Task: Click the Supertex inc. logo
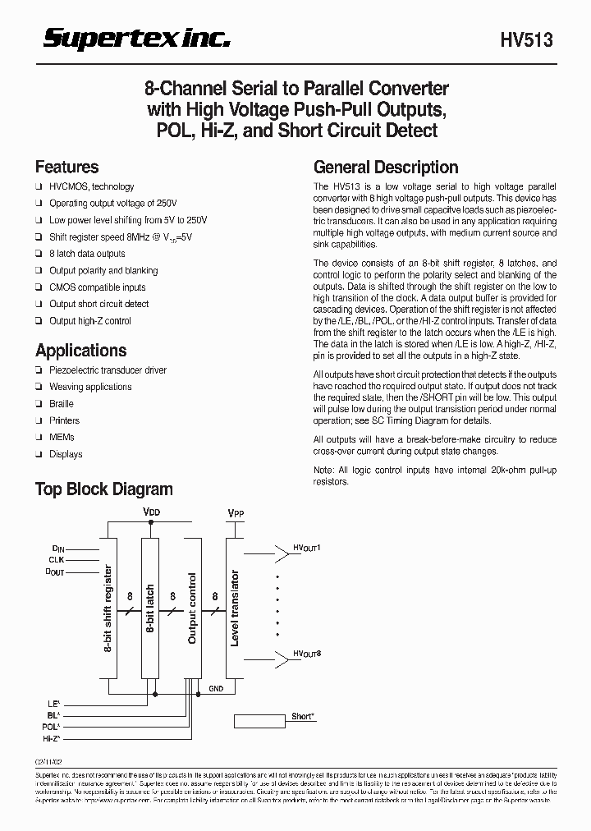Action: pyautogui.click(x=136, y=39)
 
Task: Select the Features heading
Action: pyautogui.click(x=66, y=167)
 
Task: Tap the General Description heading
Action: pyautogui.click(x=386, y=167)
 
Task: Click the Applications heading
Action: pyautogui.click(x=80, y=351)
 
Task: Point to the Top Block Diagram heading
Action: pyautogui.click(x=103, y=489)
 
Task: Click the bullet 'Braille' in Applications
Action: pyautogui.click(x=62, y=404)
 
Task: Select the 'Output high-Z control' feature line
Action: pyautogui.click(x=90, y=321)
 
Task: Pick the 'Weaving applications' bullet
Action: pyautogui.click(x=90, y=387)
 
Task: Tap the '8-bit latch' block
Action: pyautogui.click(x=150, y=608)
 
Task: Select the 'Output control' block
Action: pyautogui.click(x=193, y=608)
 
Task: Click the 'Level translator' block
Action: pyautogui.click(x=235, y=608)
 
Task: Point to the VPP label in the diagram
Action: pyautogui.click(x=236, y=514)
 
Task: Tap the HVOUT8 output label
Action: pyautogui.click(x=308, y=654)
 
